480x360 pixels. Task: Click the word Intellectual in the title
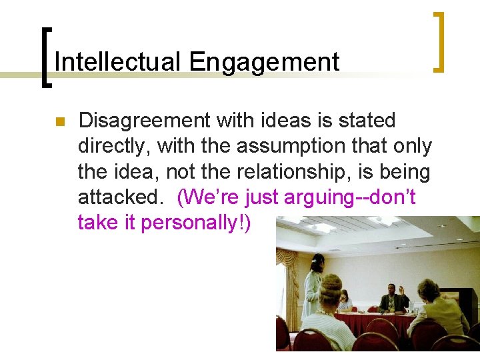click(x=118, y=62)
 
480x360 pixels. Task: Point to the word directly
click(x=114, y=146)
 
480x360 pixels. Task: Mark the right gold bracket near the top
click(x=439, y=41)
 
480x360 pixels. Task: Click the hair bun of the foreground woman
click(x=332, y=283)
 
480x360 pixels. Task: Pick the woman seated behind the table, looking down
click(x=345, y=301)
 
